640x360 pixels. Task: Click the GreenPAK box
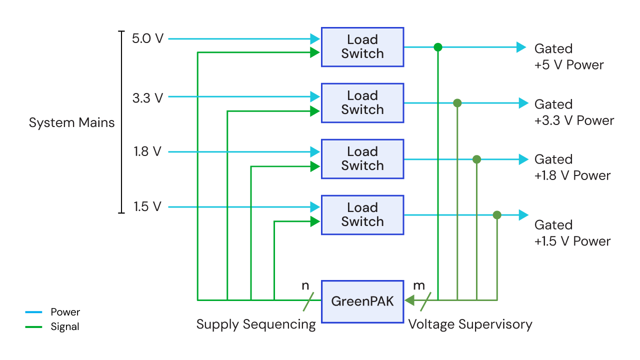(x=362, y=301)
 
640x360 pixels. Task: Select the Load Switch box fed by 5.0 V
(x=362, y=47)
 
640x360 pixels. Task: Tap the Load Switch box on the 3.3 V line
(x=362, y=103)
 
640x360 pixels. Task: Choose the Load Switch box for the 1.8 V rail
(x=362, y=159)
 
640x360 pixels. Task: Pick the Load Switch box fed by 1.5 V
(x=362, y=215)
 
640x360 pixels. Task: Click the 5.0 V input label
(x=147, y=38)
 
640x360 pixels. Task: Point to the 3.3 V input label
(x=147, y=98)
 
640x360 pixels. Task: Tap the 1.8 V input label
(x=147, y=151)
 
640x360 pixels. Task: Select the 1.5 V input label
(x=147, y=207)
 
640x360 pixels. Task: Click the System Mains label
(x=71, y=123)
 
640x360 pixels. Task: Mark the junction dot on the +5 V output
(x=438, y=47)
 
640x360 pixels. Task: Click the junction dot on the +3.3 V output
(x=457, y=103)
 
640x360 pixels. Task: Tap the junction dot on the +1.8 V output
(x=476, y=159)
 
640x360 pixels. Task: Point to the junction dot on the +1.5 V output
(x=496, y=215)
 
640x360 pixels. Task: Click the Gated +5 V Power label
(x=568, y=57)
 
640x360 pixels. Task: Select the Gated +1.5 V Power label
(x=572, y=233)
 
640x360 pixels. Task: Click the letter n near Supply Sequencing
(x=305, y=286)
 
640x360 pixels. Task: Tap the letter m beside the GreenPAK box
(x=418, y=286)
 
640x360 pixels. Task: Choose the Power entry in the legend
(x=65, y=312)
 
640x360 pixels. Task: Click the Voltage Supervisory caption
(x=470, y=324)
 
